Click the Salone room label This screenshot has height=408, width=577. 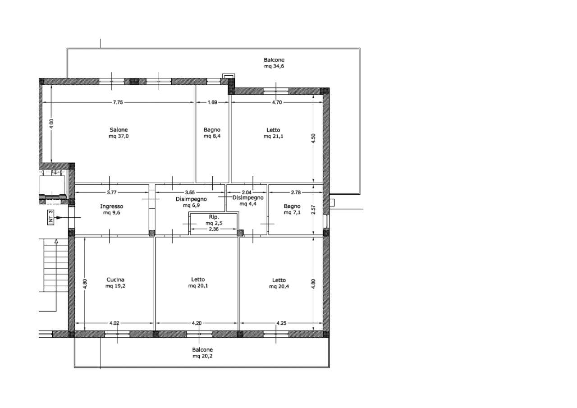119,130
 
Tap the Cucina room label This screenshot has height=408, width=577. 115,280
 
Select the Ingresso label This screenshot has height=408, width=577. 111,206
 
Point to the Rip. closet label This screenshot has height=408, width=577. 214,217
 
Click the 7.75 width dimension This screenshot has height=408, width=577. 118,102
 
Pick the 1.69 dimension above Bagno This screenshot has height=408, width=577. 212,102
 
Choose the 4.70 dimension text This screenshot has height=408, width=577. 277,102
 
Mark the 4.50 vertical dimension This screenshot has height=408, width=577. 313,138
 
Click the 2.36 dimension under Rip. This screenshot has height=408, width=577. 214,229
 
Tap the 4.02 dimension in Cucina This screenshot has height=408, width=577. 114,323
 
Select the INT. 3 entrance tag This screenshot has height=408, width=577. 51,217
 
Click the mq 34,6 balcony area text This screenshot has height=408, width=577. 274,66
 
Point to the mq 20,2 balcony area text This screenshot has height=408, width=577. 202,356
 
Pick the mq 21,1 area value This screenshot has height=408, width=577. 273,136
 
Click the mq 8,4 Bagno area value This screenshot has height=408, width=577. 212,136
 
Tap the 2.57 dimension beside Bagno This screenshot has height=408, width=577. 313,210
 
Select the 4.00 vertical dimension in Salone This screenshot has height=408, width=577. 51,124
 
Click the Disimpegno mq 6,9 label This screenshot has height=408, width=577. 192,202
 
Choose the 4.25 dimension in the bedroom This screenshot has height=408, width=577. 281,323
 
